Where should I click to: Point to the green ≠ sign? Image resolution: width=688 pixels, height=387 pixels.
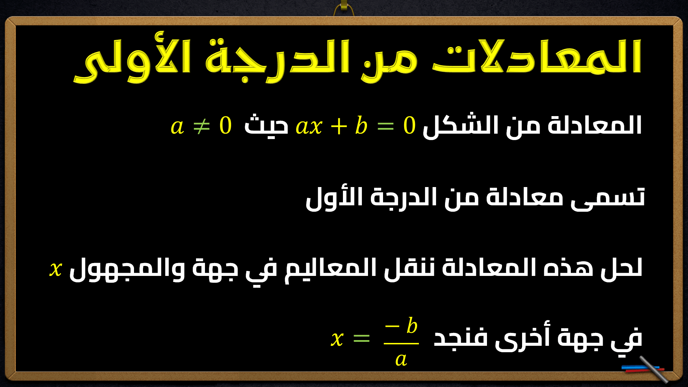point(201,126)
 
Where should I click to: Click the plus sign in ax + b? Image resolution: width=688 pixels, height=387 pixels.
point(339,126)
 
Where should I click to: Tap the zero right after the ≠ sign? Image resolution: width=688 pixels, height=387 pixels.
point(225,126)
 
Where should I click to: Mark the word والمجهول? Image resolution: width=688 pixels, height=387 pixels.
point(127,269)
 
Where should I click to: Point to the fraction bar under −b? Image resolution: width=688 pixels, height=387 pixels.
point(401,343)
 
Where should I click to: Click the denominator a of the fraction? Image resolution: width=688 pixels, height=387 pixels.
point(401,359)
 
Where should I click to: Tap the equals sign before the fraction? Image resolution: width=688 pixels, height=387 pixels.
point(361,338)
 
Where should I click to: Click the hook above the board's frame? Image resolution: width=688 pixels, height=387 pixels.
point(344,8)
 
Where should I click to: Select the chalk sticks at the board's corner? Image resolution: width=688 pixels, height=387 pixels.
point(645,369)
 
